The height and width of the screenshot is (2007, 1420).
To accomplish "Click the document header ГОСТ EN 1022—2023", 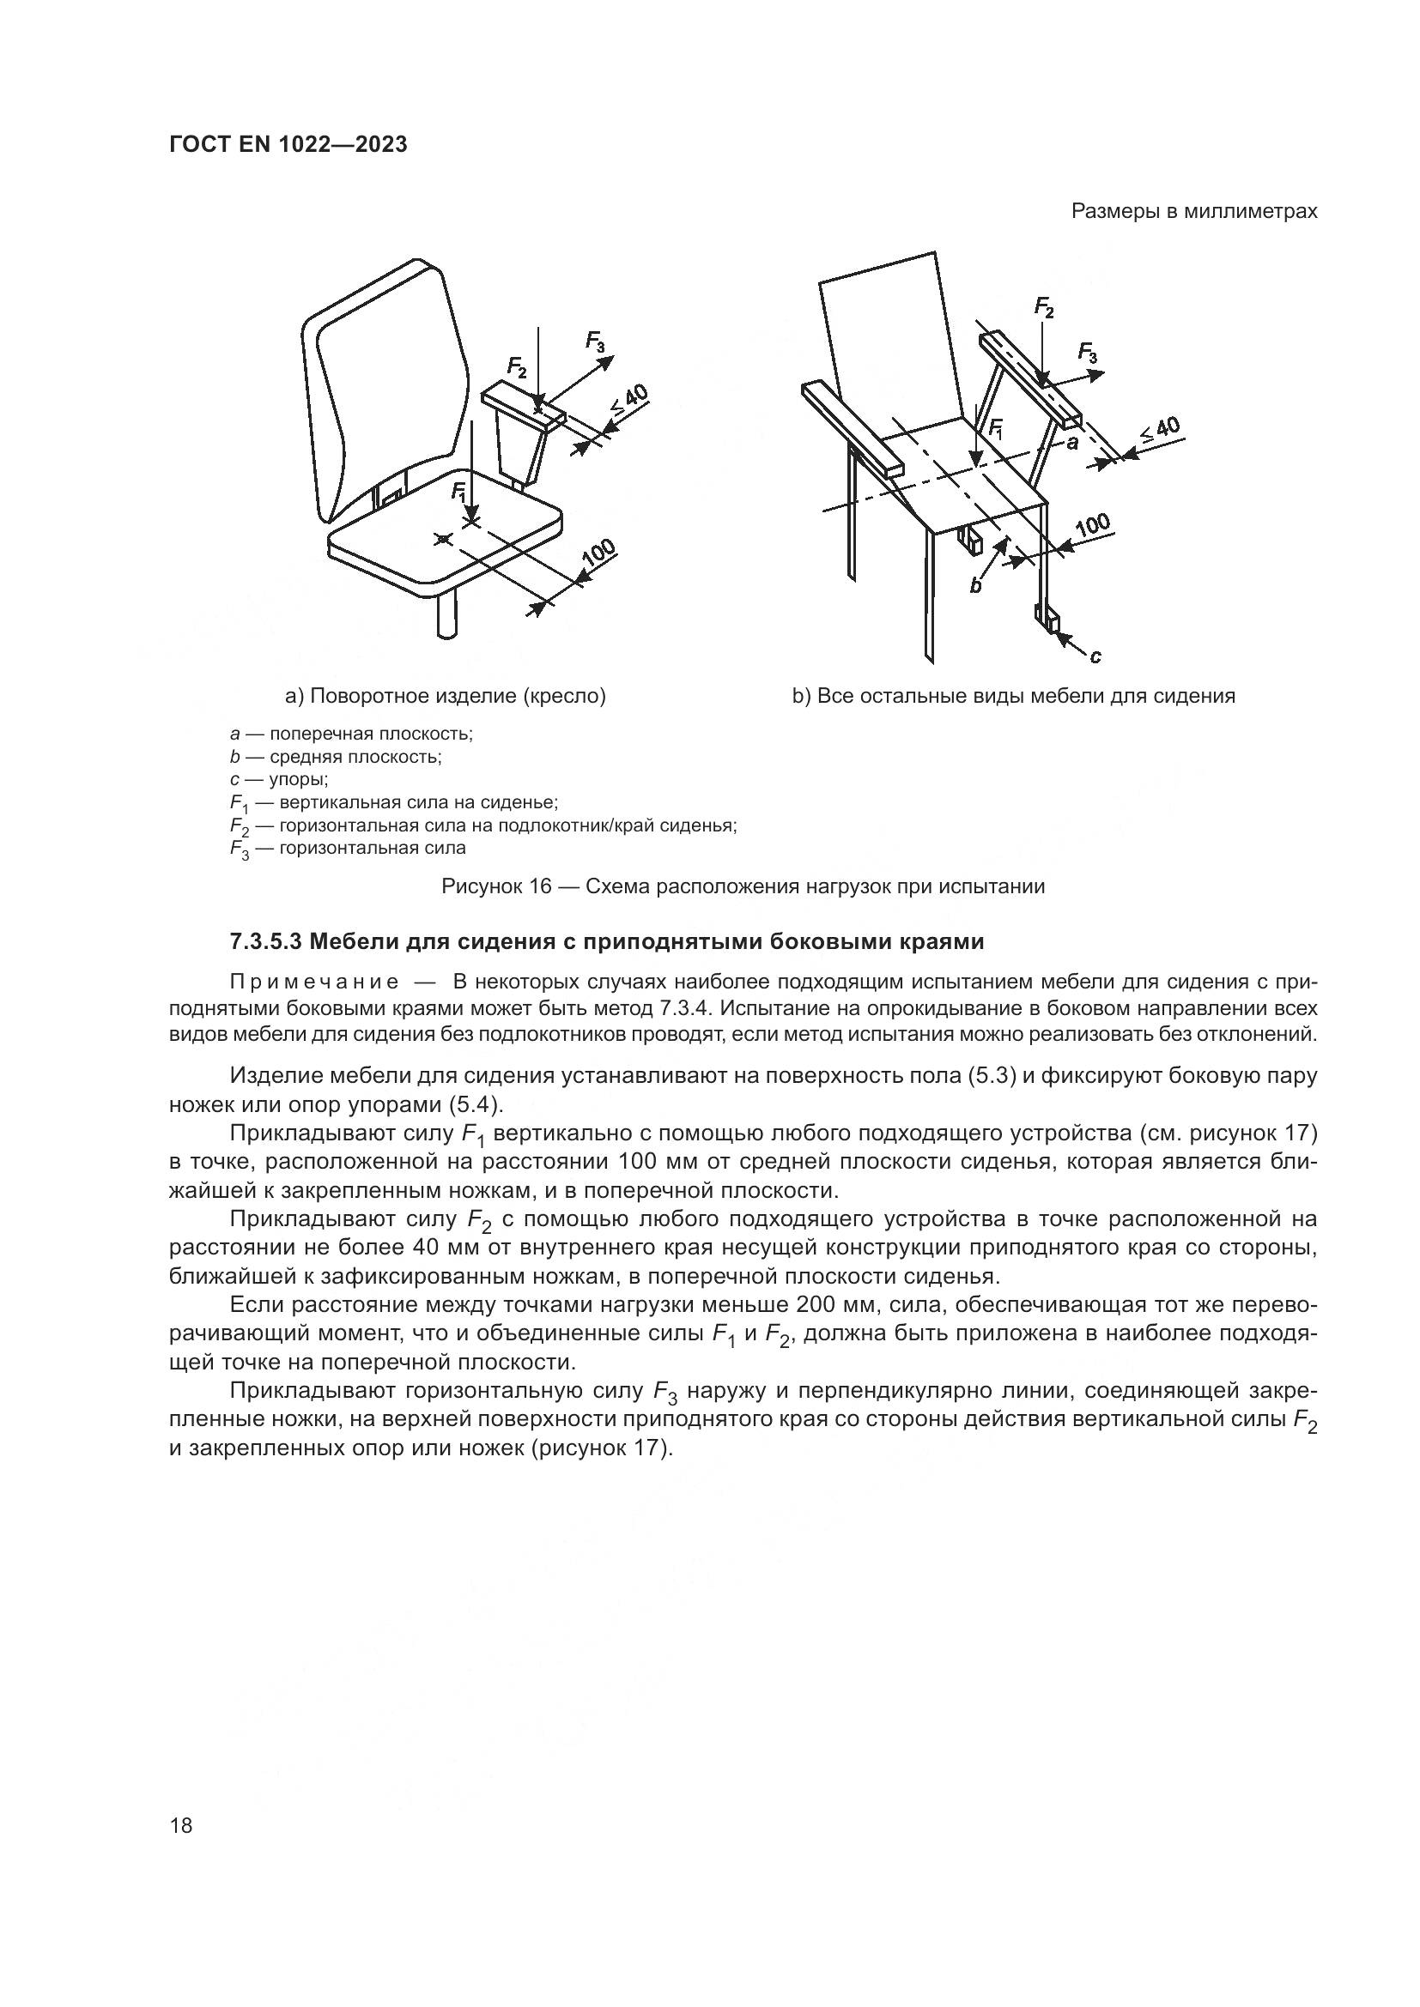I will [288, 145].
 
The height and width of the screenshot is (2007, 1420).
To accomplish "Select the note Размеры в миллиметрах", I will [1193, 212].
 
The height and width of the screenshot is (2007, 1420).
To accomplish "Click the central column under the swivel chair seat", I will [446, 616].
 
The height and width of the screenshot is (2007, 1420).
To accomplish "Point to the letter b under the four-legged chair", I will [976, 586].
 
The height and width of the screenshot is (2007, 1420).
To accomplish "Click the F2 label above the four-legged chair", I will [1044, 307].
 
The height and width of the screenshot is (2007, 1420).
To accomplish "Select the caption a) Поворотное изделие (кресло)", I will [445, 696].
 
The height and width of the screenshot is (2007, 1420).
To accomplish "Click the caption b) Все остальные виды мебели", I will [1013, 696].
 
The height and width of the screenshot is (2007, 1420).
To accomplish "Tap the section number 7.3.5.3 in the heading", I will [266, 942].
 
